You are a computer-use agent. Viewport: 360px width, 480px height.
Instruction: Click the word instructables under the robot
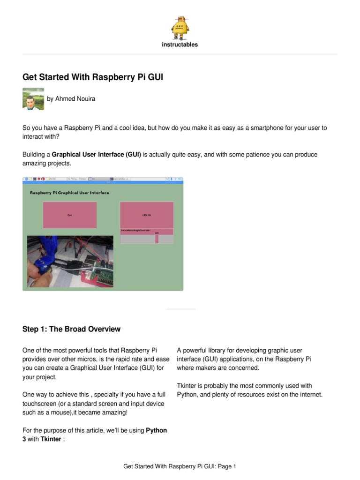180,45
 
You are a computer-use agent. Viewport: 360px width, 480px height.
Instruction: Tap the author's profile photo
33,98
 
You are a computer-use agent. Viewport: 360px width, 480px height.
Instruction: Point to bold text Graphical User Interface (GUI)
97,154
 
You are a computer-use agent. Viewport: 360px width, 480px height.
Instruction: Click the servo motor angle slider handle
157,239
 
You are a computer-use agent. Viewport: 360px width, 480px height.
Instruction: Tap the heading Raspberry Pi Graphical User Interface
69,193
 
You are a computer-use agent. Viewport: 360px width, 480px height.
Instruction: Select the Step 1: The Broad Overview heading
71,329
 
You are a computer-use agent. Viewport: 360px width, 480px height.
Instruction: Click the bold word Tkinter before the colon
51,439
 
